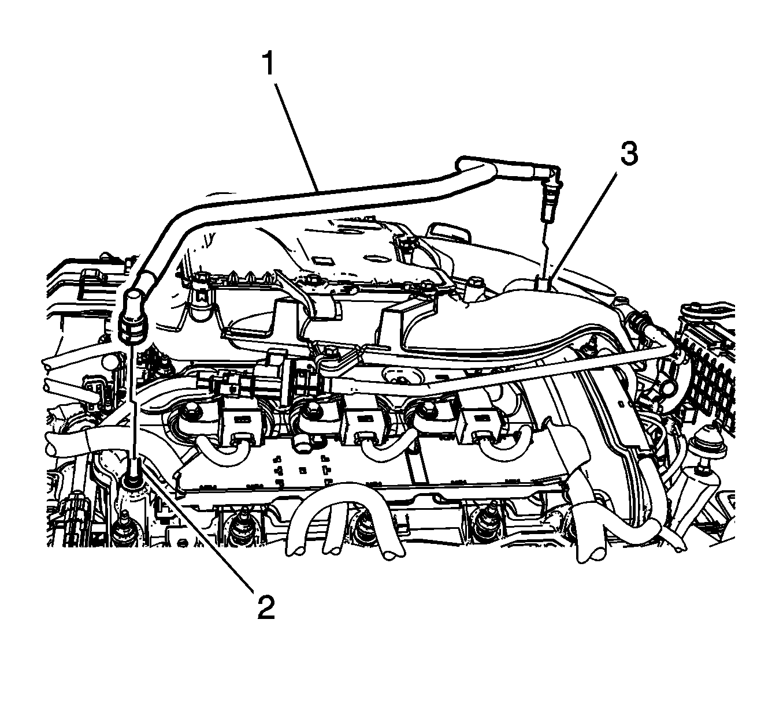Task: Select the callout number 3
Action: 629,153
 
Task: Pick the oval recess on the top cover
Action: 372,258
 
